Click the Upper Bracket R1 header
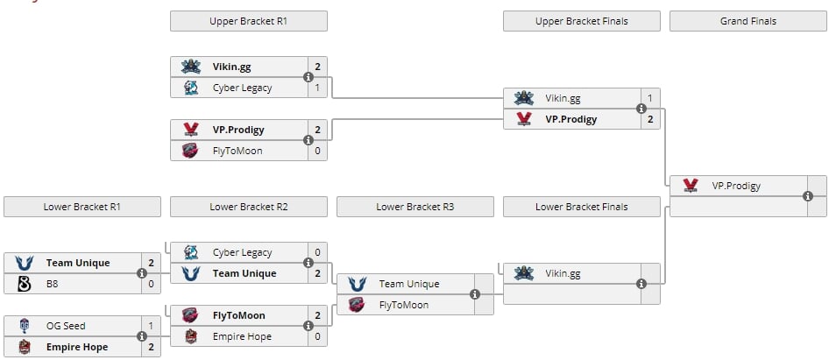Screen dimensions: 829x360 click(x=249, y=21)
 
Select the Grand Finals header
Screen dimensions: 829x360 click(x=748, y=21)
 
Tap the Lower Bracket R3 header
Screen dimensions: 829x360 click(x=415, y=207)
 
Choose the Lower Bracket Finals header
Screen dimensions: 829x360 click(x=582, y=207)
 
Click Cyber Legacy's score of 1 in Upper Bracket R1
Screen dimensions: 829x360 click(x=318, y=88)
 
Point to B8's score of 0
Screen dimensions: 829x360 click(x=152, y=284)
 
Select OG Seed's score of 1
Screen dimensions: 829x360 click(x=152, y=326)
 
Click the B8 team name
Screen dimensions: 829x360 click(x=53, y=284)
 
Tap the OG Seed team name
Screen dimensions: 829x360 click(x=66, y=326)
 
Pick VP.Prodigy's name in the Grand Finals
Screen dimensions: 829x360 click(x=736, y=186)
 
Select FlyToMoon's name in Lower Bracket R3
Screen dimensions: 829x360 click(x=404, y=305)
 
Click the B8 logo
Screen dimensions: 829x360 click(x=25, y=284)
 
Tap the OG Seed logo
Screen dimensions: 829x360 click(x=25, y=326)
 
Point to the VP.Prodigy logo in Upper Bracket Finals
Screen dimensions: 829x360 click(x=524, y=119)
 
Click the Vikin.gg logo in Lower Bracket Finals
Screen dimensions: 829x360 click(x=524, y=273)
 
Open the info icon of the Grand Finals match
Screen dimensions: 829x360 click(x=808, y=196)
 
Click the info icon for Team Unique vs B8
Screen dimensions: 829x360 click(x=142, y=273)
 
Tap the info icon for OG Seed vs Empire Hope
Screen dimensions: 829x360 click(x=142, y=336)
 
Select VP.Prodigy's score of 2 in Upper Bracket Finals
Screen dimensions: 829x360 click(x=650, y=119)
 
